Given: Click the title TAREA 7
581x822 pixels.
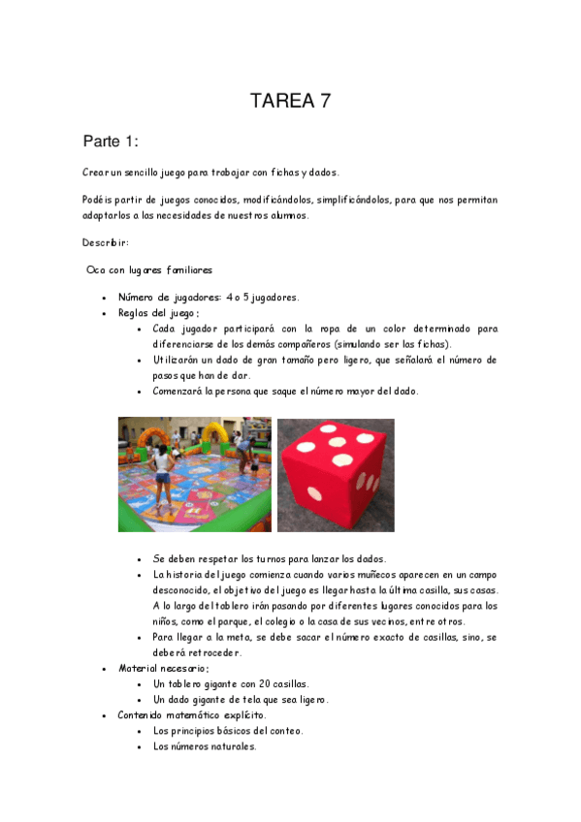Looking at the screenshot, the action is tap(290, 101).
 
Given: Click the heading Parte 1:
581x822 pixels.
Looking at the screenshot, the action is tap(111, 142).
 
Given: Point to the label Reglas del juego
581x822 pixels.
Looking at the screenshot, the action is tap(158, 313).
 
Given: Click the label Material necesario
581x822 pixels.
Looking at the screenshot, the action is tap(163, 668).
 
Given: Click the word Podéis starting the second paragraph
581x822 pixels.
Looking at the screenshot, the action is tap(98, 200).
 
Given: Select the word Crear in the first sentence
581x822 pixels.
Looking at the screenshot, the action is tap(96, 173).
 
